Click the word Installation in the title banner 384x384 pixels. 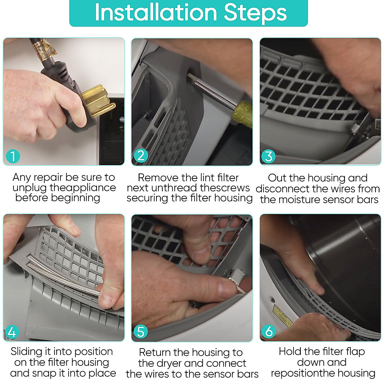156,12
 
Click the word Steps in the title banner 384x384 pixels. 255,13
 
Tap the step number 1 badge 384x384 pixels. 13,156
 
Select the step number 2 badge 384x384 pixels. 141,156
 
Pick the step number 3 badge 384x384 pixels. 268,156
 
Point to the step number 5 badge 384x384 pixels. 141,332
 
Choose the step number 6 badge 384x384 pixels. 269,332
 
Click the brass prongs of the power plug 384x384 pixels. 98,100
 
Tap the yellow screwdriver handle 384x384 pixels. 243,114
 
